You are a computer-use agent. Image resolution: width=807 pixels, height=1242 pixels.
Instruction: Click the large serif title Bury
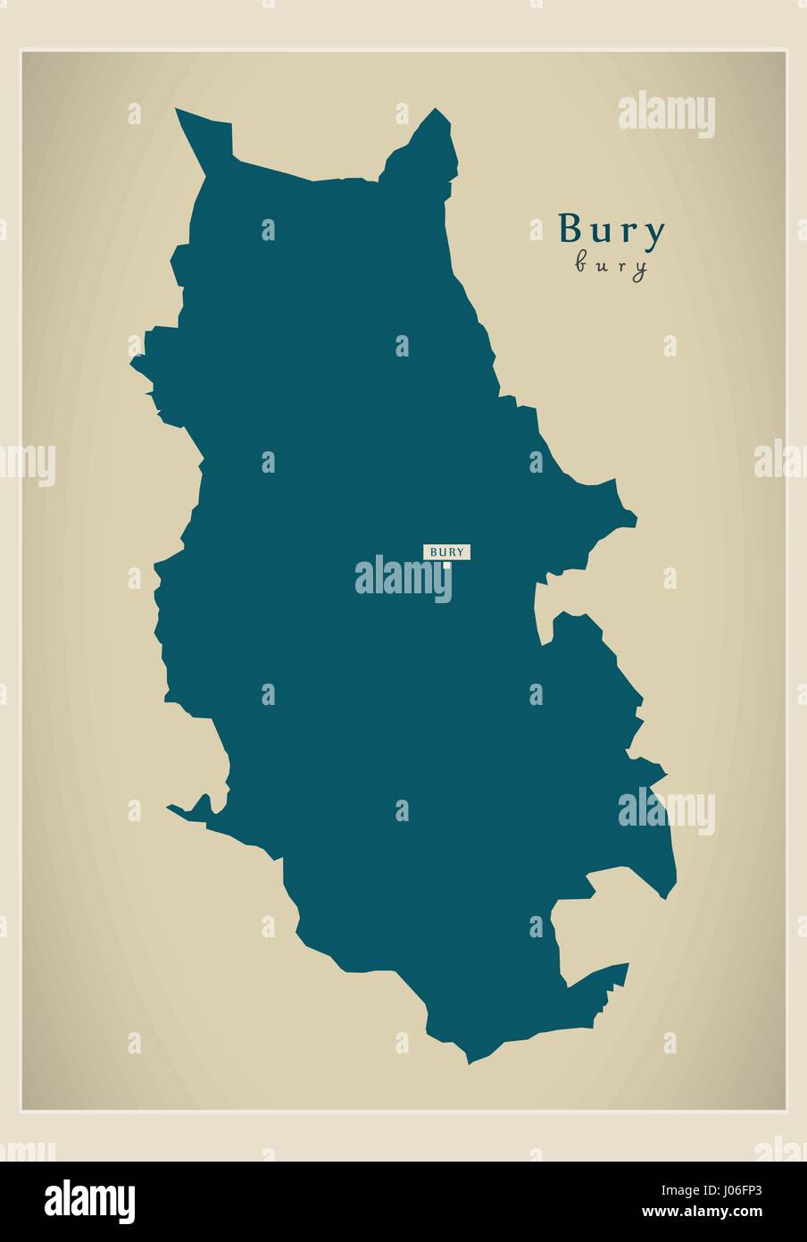point(611,231)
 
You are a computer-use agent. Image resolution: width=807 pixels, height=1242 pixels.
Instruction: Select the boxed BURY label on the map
point(446,551)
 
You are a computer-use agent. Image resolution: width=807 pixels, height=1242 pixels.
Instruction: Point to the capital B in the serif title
point(571,230)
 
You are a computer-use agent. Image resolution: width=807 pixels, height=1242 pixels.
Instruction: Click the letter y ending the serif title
point(654,234)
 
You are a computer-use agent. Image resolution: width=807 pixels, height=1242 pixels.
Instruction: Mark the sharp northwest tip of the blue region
point(179,112)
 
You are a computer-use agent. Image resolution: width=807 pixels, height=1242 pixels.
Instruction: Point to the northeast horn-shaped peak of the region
point(437,113)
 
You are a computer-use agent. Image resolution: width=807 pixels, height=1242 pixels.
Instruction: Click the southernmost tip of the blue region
point(468,1062)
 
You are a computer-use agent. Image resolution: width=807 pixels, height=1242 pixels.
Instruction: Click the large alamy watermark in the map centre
point(403,576)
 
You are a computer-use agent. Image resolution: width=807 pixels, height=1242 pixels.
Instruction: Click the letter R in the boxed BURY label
point(451,551)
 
